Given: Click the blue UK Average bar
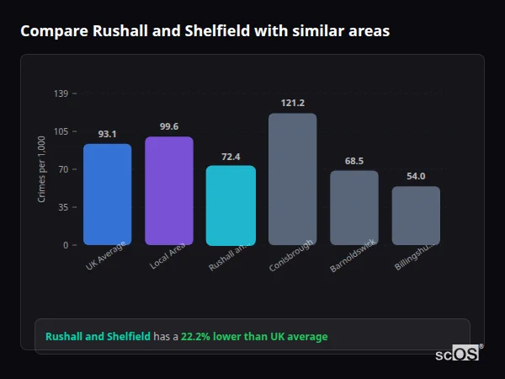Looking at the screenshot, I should click(x=107, y=195).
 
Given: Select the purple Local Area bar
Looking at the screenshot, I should click(x=169, y=191).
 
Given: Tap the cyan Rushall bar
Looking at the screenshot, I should click(x=231, y=206).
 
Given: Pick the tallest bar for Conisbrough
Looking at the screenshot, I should click(x=292, y=179).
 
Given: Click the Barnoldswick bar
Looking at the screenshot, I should click(x=353, y=208).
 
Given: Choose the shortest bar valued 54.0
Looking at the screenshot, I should click(x=416, y=216).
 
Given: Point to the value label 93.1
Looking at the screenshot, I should click(x=107, y=134).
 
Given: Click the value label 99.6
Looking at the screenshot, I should click(x=169, y=126).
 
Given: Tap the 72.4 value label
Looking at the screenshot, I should click(x=231, y=156).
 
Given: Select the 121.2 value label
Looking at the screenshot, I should click(x=292, y=103).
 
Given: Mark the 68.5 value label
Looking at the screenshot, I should click(x=353, y=161).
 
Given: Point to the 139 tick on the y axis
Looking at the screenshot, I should click(x=61, y=93).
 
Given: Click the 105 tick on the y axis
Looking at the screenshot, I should click(x=61, y=131).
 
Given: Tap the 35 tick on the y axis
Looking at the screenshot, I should click(x=63, y=207).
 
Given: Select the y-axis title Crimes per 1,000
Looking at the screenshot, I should click(x=42, y=168).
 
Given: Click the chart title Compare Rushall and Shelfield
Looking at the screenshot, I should click(x=205, y=31).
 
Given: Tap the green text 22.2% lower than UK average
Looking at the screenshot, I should click(x=254, y=337).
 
